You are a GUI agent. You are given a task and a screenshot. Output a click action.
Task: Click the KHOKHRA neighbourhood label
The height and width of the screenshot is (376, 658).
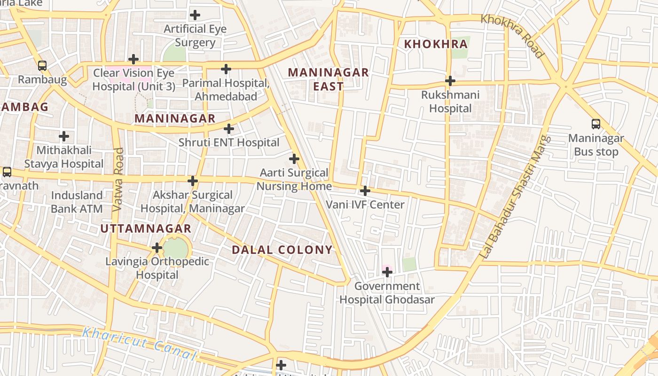tap(436, 44)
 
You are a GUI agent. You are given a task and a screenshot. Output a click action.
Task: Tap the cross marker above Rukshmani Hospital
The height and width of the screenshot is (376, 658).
tap(450, 81)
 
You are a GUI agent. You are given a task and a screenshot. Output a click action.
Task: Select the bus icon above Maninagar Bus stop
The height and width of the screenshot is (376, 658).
tap(596, 124)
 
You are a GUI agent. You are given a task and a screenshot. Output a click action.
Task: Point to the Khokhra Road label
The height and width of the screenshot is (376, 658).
tap(512, 36)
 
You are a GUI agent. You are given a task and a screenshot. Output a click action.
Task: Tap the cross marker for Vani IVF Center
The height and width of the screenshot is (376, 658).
tap(365, 191)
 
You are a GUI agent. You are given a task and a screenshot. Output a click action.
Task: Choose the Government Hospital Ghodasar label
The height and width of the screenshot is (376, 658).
tap(387, 293)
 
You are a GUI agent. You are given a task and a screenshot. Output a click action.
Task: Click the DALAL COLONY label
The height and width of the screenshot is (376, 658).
tap(282, 250)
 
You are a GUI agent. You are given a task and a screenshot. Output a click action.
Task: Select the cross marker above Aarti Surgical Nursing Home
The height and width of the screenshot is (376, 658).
tap(294, 159)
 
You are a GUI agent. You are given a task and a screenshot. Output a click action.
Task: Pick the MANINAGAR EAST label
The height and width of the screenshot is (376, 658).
tap(328, 79)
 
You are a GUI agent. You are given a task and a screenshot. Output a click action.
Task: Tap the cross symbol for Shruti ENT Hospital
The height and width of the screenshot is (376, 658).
tap(229, 128)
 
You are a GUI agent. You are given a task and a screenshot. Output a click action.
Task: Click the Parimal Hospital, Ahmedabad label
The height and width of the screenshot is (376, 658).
tap(226, 90)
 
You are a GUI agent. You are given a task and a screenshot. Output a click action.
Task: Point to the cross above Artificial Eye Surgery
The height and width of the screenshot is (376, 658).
tap(195, 15)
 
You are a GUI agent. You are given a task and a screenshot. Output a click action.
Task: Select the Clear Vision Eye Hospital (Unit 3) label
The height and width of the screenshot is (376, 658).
tap(133, 80)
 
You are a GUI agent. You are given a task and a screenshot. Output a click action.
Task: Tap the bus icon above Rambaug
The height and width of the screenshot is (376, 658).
tap(42, 66)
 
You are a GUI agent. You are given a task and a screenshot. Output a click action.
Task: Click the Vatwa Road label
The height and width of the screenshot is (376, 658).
tap(118, 179)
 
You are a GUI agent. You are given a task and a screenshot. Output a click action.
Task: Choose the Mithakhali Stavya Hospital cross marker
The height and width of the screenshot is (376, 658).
tap(64, 137)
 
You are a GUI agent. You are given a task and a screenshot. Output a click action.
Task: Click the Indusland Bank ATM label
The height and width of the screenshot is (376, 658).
tap(77, 202)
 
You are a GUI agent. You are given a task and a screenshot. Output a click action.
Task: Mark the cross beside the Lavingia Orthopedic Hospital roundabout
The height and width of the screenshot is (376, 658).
tap(157, 248)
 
